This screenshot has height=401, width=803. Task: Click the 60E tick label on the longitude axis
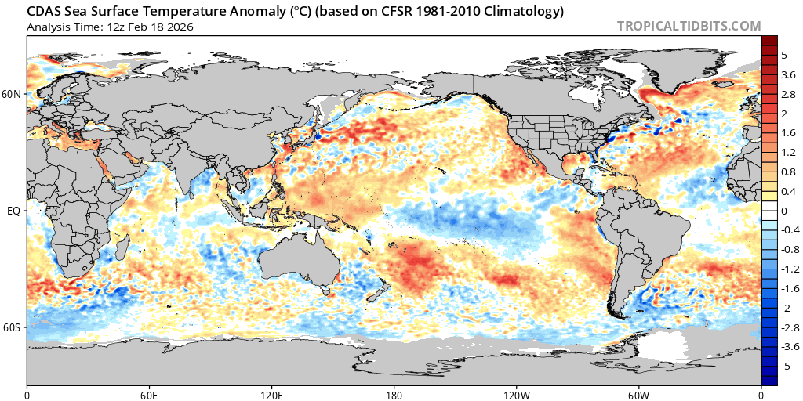tap(149, 395)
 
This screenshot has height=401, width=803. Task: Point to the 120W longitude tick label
tap(517, 395)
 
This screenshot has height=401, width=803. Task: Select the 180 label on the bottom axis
tap(394, 395)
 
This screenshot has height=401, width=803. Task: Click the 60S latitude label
tap(13, 327)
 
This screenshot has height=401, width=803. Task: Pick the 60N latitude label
tap(13, 94)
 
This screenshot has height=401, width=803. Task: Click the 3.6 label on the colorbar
tap(789, 74)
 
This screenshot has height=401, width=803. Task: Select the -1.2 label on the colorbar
tap(790, 269)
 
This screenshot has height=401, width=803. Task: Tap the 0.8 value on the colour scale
tap(789, 172)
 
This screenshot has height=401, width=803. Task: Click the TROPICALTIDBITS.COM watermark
tap(689, 26)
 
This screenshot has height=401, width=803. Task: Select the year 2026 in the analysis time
tap(180, 27)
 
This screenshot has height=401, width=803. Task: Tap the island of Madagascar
tap(123, 253)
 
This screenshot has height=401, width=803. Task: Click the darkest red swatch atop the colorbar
tap(769, 41)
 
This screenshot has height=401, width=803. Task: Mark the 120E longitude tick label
tap(272, 395)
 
